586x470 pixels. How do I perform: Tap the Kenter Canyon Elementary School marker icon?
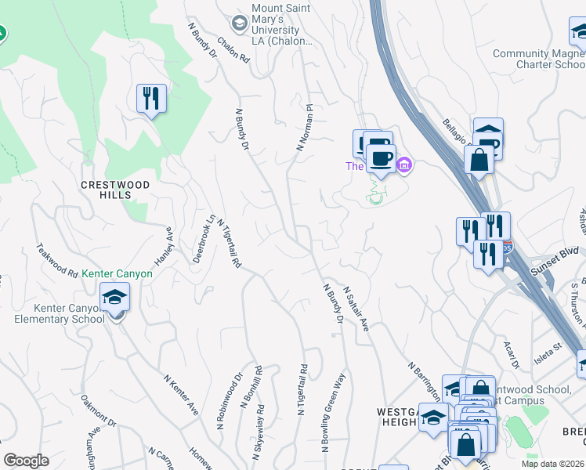pos(115,298)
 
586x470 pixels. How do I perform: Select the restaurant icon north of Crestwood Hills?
pos(150,99)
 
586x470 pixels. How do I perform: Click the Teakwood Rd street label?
pos(57,261)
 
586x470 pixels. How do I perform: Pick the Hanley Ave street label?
pos(163,246)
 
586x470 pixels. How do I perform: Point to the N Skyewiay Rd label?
pos(258,432)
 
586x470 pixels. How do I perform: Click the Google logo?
pos(26,461)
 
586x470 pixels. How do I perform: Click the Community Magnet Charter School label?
pos(538,59)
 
